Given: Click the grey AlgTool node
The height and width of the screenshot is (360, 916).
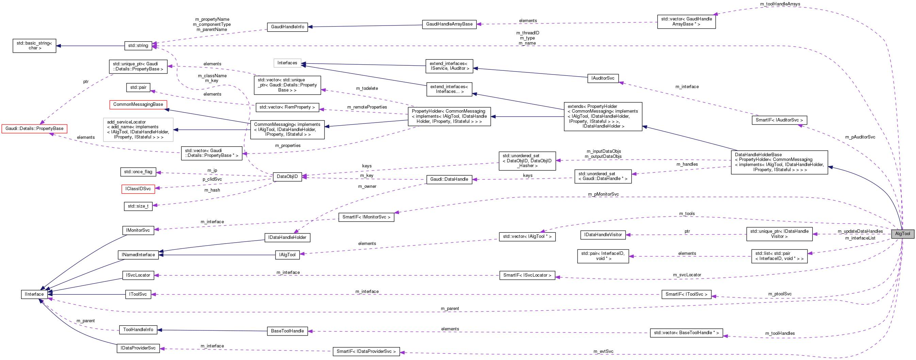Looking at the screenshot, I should [902, 234].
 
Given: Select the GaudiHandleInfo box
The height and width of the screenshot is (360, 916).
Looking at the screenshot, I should [287, 27].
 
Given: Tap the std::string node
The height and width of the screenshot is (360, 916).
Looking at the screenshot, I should [138, 46].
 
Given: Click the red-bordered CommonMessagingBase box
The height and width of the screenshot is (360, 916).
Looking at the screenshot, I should [138, 104].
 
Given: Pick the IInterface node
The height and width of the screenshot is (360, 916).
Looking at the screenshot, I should [34, 295].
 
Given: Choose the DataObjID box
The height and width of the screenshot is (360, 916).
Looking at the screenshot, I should [287, 177].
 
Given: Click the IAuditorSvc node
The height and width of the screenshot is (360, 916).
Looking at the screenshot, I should [602, 78].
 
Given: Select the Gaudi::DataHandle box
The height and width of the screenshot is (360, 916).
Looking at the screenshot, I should [449, 179].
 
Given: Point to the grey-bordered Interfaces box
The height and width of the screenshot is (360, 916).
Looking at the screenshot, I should [287, 63].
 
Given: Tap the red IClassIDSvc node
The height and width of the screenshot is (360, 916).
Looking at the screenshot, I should [138, 189].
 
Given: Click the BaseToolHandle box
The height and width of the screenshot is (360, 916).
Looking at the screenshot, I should [287, 331].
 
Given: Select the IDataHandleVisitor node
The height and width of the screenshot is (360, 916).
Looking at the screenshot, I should [603, 235].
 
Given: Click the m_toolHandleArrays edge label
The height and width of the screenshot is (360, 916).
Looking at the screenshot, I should [780, 4].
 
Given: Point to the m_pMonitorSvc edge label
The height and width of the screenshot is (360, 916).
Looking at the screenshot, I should [603, 194].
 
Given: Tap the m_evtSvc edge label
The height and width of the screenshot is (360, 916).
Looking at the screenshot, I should [603, 351].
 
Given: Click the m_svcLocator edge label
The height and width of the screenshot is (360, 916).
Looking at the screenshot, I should [687, 275].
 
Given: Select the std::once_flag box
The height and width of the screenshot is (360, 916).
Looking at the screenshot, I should [138, 172].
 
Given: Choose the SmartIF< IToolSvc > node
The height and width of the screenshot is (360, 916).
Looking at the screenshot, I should [686, 295].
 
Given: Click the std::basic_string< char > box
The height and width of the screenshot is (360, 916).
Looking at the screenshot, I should [34, 46].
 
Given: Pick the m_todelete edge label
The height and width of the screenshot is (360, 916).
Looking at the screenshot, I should [367, 88].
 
